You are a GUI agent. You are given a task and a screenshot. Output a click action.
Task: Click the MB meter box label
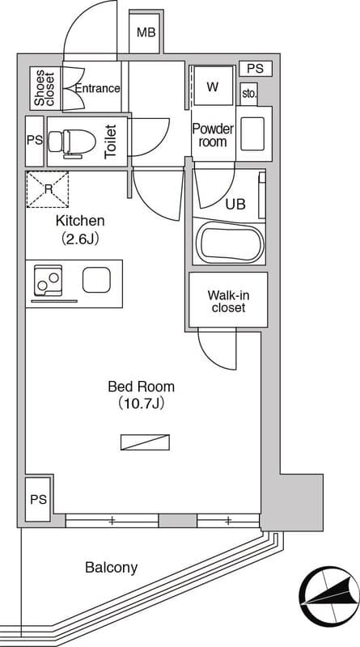(x=146, y=32)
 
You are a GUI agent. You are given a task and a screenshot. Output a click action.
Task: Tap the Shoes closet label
(x=44, y=89)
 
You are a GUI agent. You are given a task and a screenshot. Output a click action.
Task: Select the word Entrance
(x=98, y=88)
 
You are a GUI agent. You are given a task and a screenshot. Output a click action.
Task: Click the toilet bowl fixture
(x=72, y=142)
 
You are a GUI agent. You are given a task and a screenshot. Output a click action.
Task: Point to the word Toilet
(x=110, y=142)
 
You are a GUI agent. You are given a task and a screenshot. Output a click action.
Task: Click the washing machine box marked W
(x=213, y=87)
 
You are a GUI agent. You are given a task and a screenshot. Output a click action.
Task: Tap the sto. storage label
(x=249, y=94)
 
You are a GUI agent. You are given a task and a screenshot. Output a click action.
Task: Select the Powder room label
(x=213, y=135)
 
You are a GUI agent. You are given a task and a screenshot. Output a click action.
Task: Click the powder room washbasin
(x=252, y=133)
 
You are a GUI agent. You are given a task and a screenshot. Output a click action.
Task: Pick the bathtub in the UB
(x=229, y=242)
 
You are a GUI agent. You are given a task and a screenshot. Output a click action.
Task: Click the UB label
(x=236, y=205)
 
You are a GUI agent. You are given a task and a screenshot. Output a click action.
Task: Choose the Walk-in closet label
(x=228, y=301)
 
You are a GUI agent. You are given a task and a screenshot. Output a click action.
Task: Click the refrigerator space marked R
(x=48, y=189)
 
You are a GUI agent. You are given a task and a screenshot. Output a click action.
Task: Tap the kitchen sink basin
(x=96, y=280)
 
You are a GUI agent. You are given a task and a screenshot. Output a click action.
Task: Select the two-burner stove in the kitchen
(x=48, y=281)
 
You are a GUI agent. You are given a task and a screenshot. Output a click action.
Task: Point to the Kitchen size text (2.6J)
(x=80, y=239)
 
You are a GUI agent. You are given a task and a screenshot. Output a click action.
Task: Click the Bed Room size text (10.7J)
(x=142, y=403)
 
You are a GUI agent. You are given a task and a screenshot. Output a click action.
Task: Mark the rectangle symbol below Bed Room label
(x=146, y=442)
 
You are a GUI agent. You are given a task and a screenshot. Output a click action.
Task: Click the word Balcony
(x=112, y=568)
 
